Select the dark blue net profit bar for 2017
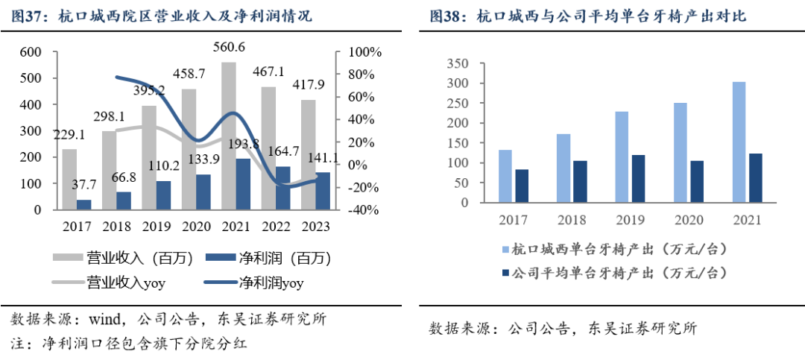(x=84, y=204)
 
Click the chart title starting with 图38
(x=587, y=16)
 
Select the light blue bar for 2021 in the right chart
(x=738, y=142)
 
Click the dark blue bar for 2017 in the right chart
(x=522, y=186)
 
